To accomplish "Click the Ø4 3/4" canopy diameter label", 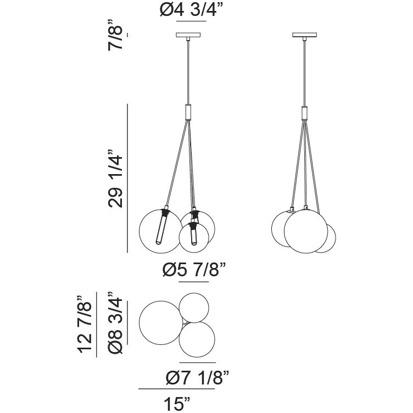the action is (x=192, y=10).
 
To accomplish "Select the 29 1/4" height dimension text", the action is (x=115, y=179).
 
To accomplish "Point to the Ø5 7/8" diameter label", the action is (x=194, y=270).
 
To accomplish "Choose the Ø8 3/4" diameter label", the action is (x=115, y=323).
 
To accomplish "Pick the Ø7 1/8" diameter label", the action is (x=198, y=378).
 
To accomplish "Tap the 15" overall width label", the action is (x=177, y=404).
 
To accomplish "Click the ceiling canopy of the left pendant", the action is (x=188, y=35).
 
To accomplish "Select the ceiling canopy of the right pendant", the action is (x=304, y=35).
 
